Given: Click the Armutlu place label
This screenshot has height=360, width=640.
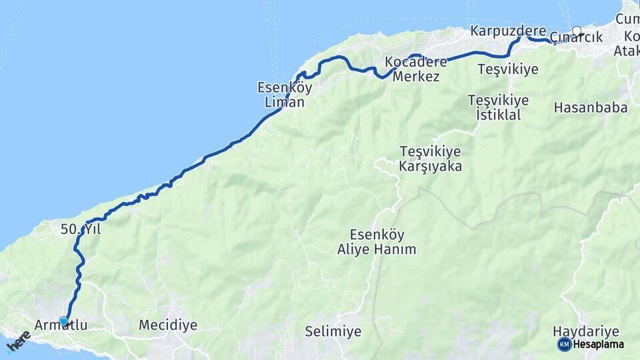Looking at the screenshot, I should click(x=60, y=325).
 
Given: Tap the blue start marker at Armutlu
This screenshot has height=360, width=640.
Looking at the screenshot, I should click(x=64, y=321).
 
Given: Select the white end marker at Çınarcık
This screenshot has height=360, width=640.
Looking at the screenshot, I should click(x=577, y=31).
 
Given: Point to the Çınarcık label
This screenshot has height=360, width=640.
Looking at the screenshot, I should click(x=577, y=37).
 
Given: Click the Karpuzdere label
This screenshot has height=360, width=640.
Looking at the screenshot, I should click(x=508, y=31).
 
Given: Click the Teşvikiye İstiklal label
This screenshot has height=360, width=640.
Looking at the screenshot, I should click(x=498, y=107).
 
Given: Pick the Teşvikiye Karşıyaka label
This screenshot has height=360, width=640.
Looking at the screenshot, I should click(x=431, y=159).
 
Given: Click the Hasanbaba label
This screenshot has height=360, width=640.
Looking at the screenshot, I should click(x=591, y=107).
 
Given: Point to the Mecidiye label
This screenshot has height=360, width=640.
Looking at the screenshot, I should click(x=168, y=325).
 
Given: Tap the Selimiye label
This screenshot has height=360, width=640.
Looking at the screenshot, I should click(x=333, y=331).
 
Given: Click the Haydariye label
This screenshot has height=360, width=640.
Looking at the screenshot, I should click(x=587, y=331).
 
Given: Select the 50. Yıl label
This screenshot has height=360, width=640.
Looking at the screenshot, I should click(x=80, y=229).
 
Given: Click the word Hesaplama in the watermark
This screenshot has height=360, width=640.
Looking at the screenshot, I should click(x=599, y=345).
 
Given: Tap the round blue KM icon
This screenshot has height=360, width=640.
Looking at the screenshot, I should click(x=564, y=345).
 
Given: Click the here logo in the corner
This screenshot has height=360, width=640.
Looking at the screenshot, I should click(x=19, y=341).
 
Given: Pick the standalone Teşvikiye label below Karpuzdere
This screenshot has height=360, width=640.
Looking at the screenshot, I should click(x=508, y=69).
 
